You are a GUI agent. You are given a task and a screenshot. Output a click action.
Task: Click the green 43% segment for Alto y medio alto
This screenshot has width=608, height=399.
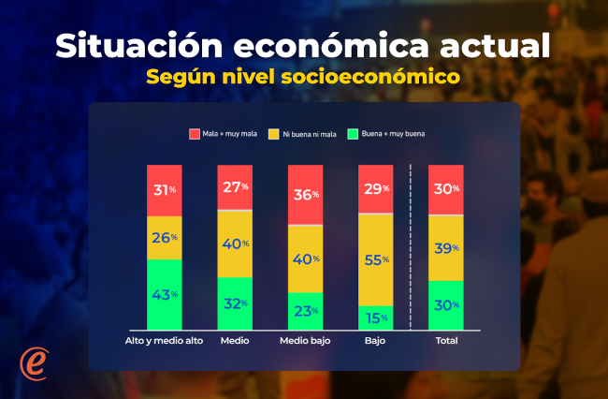tap(164, 294)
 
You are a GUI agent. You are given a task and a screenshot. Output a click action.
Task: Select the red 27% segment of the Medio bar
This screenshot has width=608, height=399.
tap(235, 186)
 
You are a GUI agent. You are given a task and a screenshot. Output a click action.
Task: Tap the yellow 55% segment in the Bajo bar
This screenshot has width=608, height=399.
tap(374, 259)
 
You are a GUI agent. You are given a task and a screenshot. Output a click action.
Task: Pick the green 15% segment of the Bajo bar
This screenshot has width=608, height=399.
tap(374, 317)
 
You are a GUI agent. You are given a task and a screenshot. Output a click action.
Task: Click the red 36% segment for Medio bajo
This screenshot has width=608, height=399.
tap(305, 194)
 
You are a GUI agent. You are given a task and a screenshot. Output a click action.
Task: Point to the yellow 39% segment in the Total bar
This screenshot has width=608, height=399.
tap(444, 247)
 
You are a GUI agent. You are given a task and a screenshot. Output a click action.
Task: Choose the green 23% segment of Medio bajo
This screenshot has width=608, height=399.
tap(305, 310)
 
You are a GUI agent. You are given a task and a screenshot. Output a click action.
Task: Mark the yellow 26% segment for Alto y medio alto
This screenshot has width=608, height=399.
tap(164, 238)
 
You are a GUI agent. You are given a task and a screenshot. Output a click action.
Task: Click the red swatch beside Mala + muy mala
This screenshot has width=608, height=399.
tap(195, 134)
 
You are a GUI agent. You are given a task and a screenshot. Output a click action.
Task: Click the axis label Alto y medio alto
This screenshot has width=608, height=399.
tap(164, 340)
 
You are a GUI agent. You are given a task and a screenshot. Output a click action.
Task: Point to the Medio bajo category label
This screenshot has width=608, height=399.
tap(305, 340)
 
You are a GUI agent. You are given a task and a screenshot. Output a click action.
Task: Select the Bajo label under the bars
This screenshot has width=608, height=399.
tap(374, 340)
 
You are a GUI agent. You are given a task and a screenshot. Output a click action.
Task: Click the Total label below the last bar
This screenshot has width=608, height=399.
tap(444, 340)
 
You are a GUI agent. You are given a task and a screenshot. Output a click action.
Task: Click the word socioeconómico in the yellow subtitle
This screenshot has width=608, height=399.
tap(373, 76)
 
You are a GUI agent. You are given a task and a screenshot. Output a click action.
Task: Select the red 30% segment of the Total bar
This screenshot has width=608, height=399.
tap(444, 189)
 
